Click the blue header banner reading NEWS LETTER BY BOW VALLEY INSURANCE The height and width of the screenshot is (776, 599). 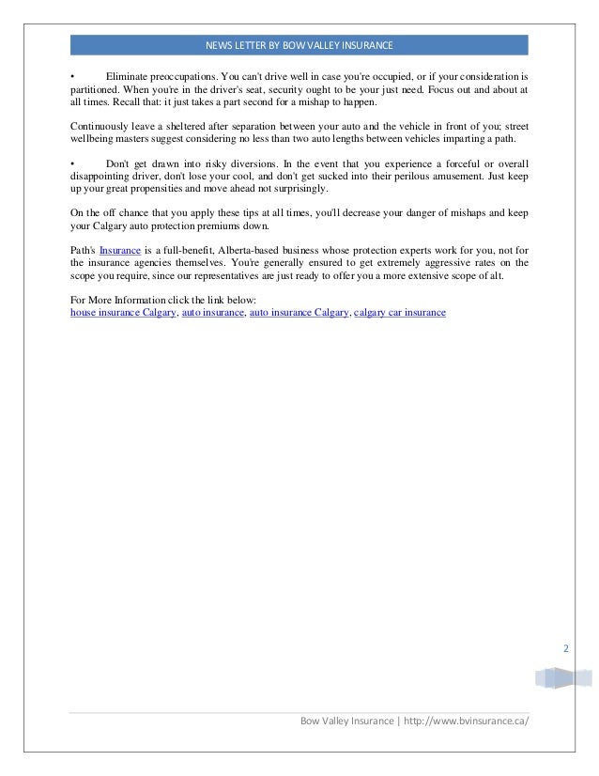click(x=299, y=45)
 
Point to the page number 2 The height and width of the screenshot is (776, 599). click(x=565, y=648)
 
